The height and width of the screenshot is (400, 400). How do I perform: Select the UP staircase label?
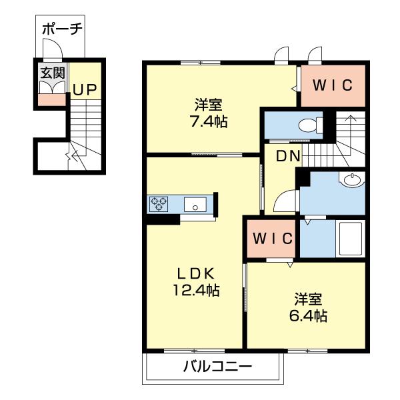click(x=84, y=90)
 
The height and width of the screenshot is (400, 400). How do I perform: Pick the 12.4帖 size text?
click(x=194, y=290)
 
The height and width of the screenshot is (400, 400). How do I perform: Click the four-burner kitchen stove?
click(x=159, y=203)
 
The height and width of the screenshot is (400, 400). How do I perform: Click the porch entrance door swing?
click(x=52, y=50)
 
